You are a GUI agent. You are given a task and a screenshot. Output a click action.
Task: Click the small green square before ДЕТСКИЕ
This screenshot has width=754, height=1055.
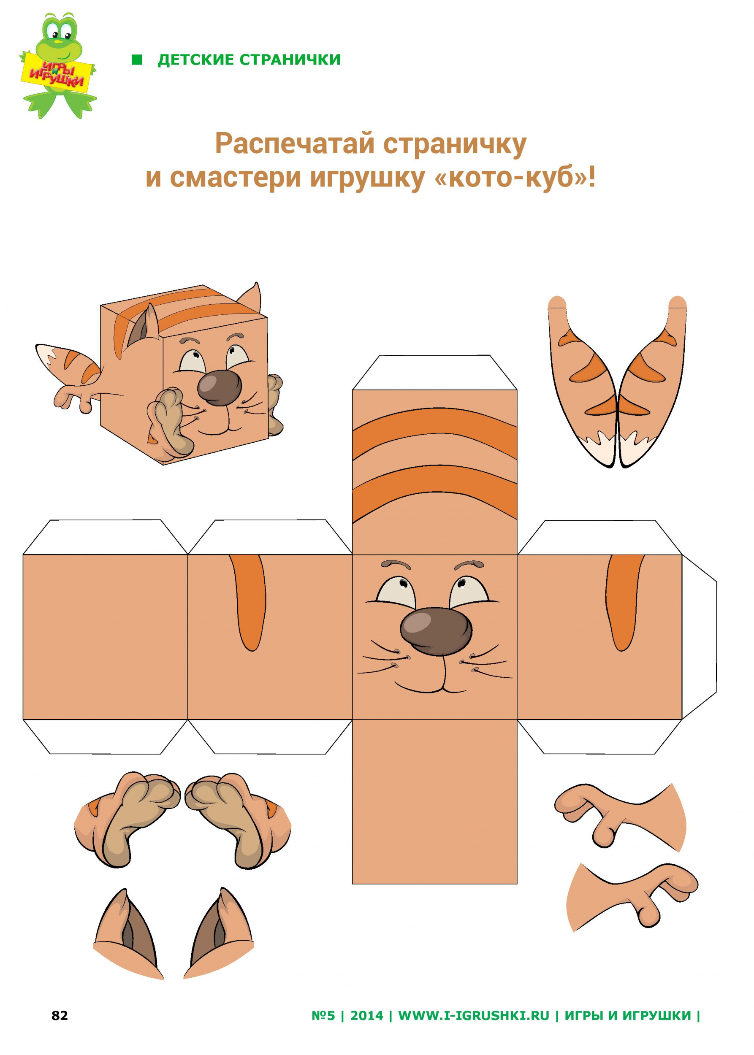[137, 60]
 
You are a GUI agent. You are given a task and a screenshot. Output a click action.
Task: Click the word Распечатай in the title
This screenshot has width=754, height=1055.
[295, 144]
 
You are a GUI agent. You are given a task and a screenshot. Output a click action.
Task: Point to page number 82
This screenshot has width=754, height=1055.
[60, 1016]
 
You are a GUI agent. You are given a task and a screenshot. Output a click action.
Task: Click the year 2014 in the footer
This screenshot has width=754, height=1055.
[367, 1016]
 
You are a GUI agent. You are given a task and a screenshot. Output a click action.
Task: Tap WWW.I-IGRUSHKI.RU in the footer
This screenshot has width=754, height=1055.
[474, 1016]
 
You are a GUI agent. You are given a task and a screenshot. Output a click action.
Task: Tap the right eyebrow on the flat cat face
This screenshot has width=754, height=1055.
[469, 565]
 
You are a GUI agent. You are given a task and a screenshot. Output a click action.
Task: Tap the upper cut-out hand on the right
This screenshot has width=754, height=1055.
[620, 817]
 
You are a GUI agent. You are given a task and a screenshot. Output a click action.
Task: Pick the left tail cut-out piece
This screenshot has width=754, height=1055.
[583, 381]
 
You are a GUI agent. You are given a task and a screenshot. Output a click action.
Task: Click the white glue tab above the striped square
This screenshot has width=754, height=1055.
[434, 372]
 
